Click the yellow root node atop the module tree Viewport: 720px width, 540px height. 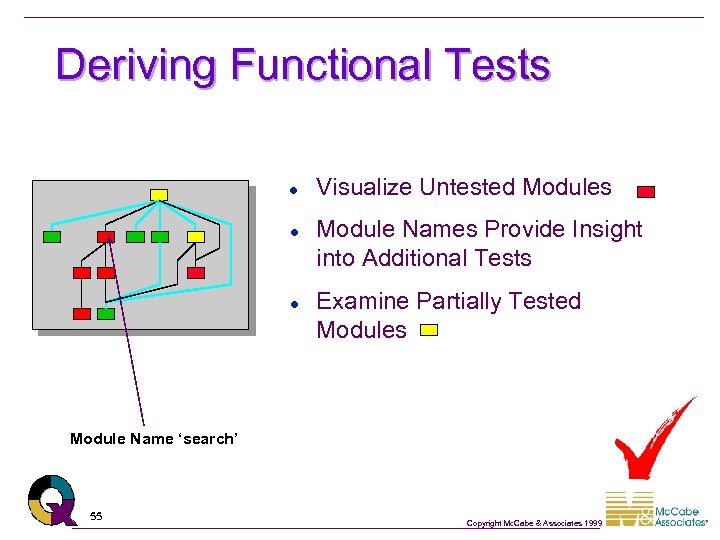[x=158, y=194]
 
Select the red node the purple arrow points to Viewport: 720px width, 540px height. [x=106, y=237]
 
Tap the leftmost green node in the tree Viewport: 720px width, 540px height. [x=52, y=237]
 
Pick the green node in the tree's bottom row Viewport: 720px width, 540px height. [x=106, y=313]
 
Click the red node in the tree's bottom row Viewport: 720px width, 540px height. [x=82, y=313]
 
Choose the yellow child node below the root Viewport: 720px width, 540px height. [x=196, y=237]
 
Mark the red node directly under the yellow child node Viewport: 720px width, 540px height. [x=196, y=272]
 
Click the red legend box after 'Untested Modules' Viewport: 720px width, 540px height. [x=646, y=191]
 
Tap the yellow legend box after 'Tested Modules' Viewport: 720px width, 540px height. [x=429, y=330]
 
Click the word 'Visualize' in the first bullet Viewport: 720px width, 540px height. [x=364, y=187]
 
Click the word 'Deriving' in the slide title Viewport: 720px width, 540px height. [x=136, y=65]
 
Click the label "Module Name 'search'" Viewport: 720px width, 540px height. [x=154, y=438]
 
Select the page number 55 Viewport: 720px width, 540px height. [x=96, y=516]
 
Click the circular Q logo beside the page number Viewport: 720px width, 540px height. [x=52, y=499]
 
